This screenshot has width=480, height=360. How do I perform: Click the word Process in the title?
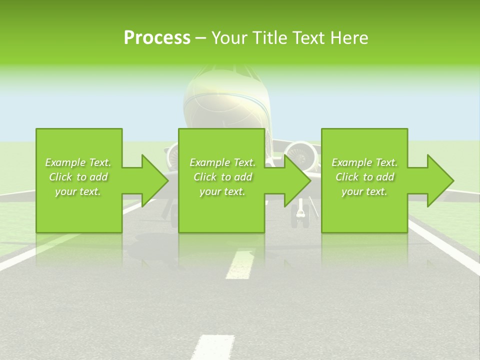(157, 38)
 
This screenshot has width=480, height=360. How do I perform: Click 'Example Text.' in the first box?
(78, 162)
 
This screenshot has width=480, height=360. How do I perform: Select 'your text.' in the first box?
(78, 191)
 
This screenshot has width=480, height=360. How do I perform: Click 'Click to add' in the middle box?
(222, 177)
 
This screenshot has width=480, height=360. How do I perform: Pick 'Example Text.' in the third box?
(364, 162)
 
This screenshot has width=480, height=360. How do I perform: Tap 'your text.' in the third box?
(364, 191)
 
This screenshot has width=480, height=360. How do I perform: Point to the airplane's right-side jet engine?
(301, 155)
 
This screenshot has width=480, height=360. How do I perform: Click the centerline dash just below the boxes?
(239, 264)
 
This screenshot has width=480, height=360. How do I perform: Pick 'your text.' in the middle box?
(222, 191)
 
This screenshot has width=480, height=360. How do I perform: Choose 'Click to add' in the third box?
(364, 177)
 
